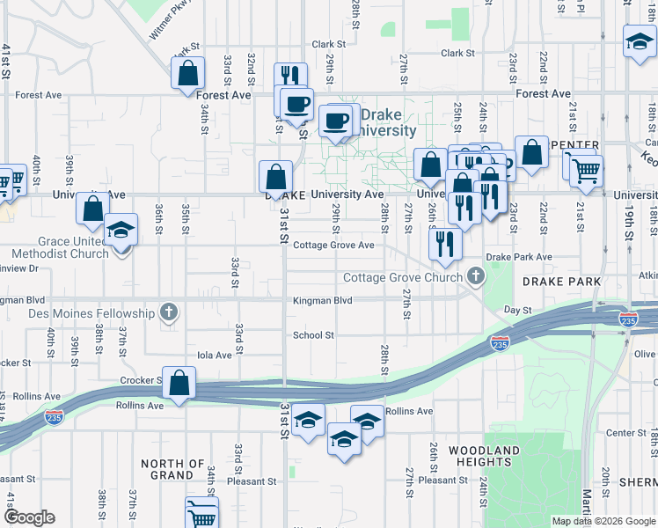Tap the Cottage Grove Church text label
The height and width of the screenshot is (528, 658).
coord(403,278)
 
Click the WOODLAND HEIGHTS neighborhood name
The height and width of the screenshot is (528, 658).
coord(484,457)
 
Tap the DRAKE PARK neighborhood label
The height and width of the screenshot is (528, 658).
coord(560,282)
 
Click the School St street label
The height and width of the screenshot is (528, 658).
coord(313,335)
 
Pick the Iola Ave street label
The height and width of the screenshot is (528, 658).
coord(214,356)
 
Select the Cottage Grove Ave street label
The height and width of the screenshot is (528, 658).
coord(334,246)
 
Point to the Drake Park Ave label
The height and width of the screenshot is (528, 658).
coord(518,257)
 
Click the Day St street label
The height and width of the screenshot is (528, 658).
coord(517,311)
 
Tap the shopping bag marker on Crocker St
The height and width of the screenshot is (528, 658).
coord(179,385)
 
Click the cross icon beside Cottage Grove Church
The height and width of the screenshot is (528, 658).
coord(476,277)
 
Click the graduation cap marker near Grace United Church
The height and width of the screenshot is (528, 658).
coord(121,231)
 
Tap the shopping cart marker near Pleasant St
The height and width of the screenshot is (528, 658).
coord(202,515)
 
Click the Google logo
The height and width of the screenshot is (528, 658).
coord(30,517)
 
